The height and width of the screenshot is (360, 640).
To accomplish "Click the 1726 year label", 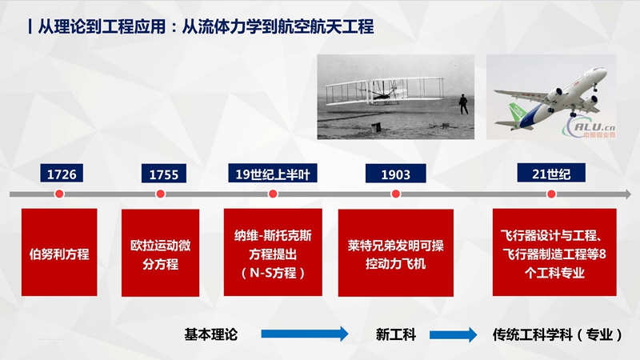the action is (62, 174).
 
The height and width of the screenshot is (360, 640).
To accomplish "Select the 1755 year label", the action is (164, 174).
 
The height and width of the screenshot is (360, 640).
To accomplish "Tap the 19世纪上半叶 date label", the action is (273, 174).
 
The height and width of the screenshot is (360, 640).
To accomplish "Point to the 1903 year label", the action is (395, 174).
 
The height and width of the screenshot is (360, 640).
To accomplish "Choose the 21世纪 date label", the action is (551, 173).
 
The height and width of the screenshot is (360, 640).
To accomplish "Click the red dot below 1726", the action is (59, 194).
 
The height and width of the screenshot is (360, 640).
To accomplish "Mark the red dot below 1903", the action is (395, 194).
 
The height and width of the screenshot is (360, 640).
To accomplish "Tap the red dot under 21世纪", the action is (551, 194).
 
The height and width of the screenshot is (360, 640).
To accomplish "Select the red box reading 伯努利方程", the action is (59, 252).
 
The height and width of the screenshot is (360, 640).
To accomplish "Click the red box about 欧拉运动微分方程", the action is (161, 253).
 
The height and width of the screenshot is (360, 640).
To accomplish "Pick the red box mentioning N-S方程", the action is (273, 252).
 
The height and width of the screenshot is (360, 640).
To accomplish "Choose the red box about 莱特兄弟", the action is (395, 253).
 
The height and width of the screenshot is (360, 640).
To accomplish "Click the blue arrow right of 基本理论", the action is (305, 334).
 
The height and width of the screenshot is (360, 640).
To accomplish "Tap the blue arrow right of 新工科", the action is (453, 334).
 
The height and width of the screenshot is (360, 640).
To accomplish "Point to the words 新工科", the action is (395, 334).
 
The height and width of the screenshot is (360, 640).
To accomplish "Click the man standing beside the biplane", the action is (463, 104).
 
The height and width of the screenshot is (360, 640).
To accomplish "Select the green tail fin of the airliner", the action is (517, 113).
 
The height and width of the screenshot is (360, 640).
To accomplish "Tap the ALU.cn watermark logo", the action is (590, 127).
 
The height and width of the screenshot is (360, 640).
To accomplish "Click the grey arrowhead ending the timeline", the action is (627, 194).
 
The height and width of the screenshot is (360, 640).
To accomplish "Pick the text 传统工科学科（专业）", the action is (557, 334).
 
